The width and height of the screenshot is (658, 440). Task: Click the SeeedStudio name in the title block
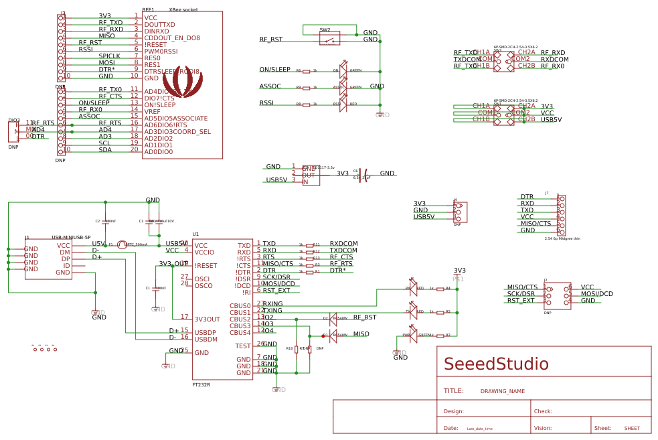pyautogui.click(x=496, y=364)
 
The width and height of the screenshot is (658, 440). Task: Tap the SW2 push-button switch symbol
pyautogui.click(x=329, y=40)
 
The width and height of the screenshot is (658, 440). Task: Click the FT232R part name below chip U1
pyautogui.click(x=201, y=385)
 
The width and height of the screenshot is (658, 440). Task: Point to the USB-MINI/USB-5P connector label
pyautogui.click(x=71, y=238)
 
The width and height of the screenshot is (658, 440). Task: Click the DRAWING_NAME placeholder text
pyautogui.click(x=502, y=391)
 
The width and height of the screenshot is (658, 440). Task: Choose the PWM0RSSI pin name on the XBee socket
pyautogui.click(x=161, y=52)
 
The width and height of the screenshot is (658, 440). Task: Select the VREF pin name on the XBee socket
pyautogui.click(x=152, y=112)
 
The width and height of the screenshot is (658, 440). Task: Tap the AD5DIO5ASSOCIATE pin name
pyautogui.click(x=175, y=119)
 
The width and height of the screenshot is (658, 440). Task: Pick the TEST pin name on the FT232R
pyautogui.click(x=243, y=346)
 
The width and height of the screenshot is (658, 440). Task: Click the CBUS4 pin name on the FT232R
pyautogui.click(x=240, y=333)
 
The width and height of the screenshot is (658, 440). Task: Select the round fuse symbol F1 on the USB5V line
pyautogui.click(x=122, y=245)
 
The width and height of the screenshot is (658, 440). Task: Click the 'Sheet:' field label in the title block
pyautogui.click(x=602, y=428)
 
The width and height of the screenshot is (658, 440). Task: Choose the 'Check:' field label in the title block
pyautogui.click(x=542, y=411)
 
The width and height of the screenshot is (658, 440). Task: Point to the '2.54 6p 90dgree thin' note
pyautogui.click(x=562, y=238)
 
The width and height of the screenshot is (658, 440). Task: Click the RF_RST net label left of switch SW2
pyautogui.click(x=270, y=40)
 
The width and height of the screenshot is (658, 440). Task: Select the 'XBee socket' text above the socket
pyautogui.click(x=183, y=10)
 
